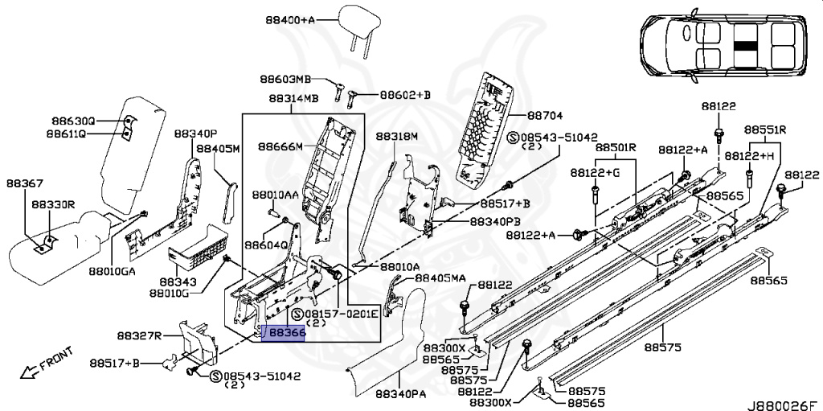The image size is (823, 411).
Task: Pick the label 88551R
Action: (764, 129)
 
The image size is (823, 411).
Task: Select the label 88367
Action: (27, 184)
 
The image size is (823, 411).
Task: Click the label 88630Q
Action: (70, 121)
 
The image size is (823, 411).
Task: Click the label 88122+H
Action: (750, 155)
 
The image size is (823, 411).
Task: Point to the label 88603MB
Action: (285, 79)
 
